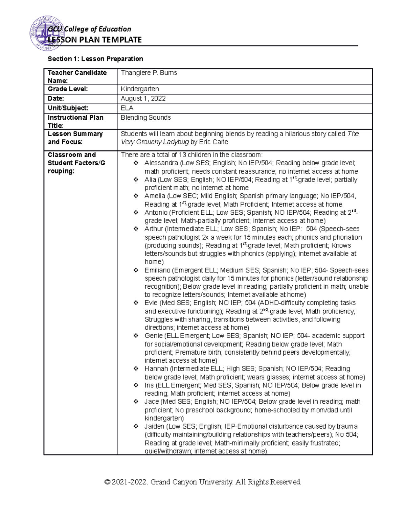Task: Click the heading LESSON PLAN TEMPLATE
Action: tap(95, 40)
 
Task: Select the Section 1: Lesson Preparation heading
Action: tap(95, 59)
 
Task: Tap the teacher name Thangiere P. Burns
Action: tap(149, 73)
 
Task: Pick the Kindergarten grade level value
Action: tap(140, 89)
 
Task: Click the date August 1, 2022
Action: tap(143, 98)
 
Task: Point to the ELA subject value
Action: tap(127, 108)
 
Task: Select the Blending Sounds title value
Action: tap(146, 118)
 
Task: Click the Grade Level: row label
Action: tap(68, 89)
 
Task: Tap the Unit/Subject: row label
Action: tap(68, 108)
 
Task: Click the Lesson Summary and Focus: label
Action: tap(75, 138)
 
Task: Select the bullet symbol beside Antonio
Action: tap(136, 213)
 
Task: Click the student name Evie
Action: tap(151, 303)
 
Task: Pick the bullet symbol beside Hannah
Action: tap(136, 369)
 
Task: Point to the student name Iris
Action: tap(149, 385)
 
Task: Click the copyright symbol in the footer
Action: tap(108, 482)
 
